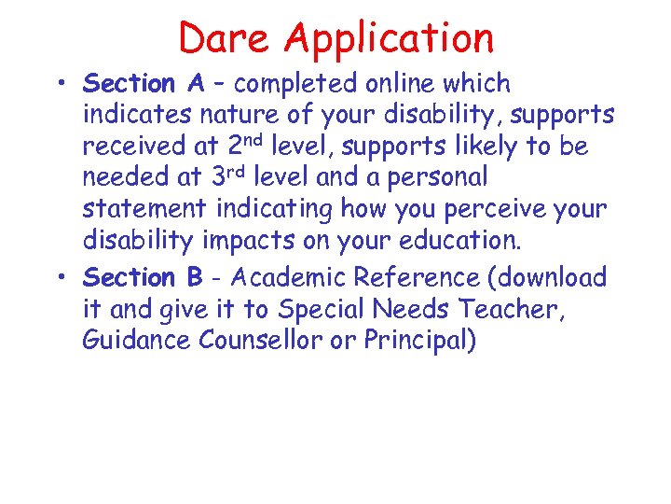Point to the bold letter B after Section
193,277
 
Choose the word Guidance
138,341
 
